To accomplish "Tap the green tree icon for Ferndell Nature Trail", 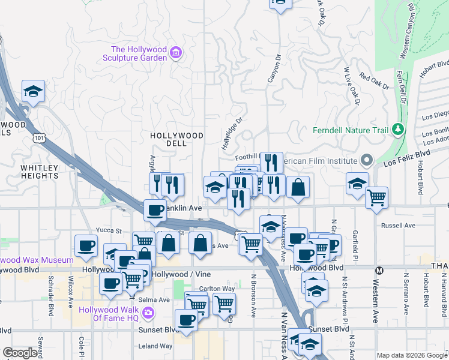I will [x=397, y=130].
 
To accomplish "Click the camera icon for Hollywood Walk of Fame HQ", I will [x=148, y=313].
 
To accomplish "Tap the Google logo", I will [x=20, y=353].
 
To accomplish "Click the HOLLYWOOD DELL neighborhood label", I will [x=176, y=136].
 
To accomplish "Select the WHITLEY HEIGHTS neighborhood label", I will [x=40, y=172].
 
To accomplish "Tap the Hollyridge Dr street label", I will [x=231, y=133].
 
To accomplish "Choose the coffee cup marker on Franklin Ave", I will [x=155, y=210].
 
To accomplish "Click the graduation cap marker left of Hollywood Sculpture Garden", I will [x=34, y=91].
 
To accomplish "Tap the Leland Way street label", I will [x=155, y=346].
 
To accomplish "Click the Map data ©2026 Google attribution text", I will [x=412, y=355].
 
